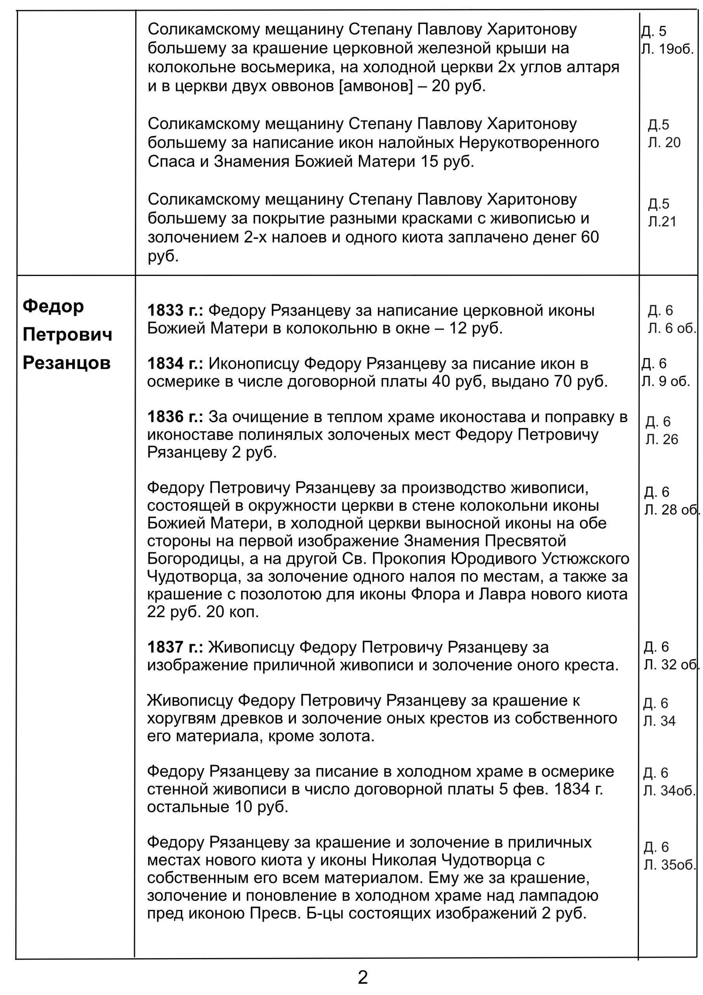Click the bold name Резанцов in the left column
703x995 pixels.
pyautogui.click(x=67, y=363)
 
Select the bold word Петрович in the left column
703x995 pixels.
pyautogui.click(x=68, y=335)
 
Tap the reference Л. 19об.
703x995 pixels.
pyautogui.click(x=668, y=49)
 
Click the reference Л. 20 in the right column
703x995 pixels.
pyautogui.click(x=664, y=143)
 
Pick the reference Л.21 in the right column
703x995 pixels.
pyautogui.click(x=662, y=222)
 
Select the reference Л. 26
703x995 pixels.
pyautogui.click(x=662, y=440)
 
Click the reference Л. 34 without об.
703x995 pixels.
pyautogui.click(x=659, y=721)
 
